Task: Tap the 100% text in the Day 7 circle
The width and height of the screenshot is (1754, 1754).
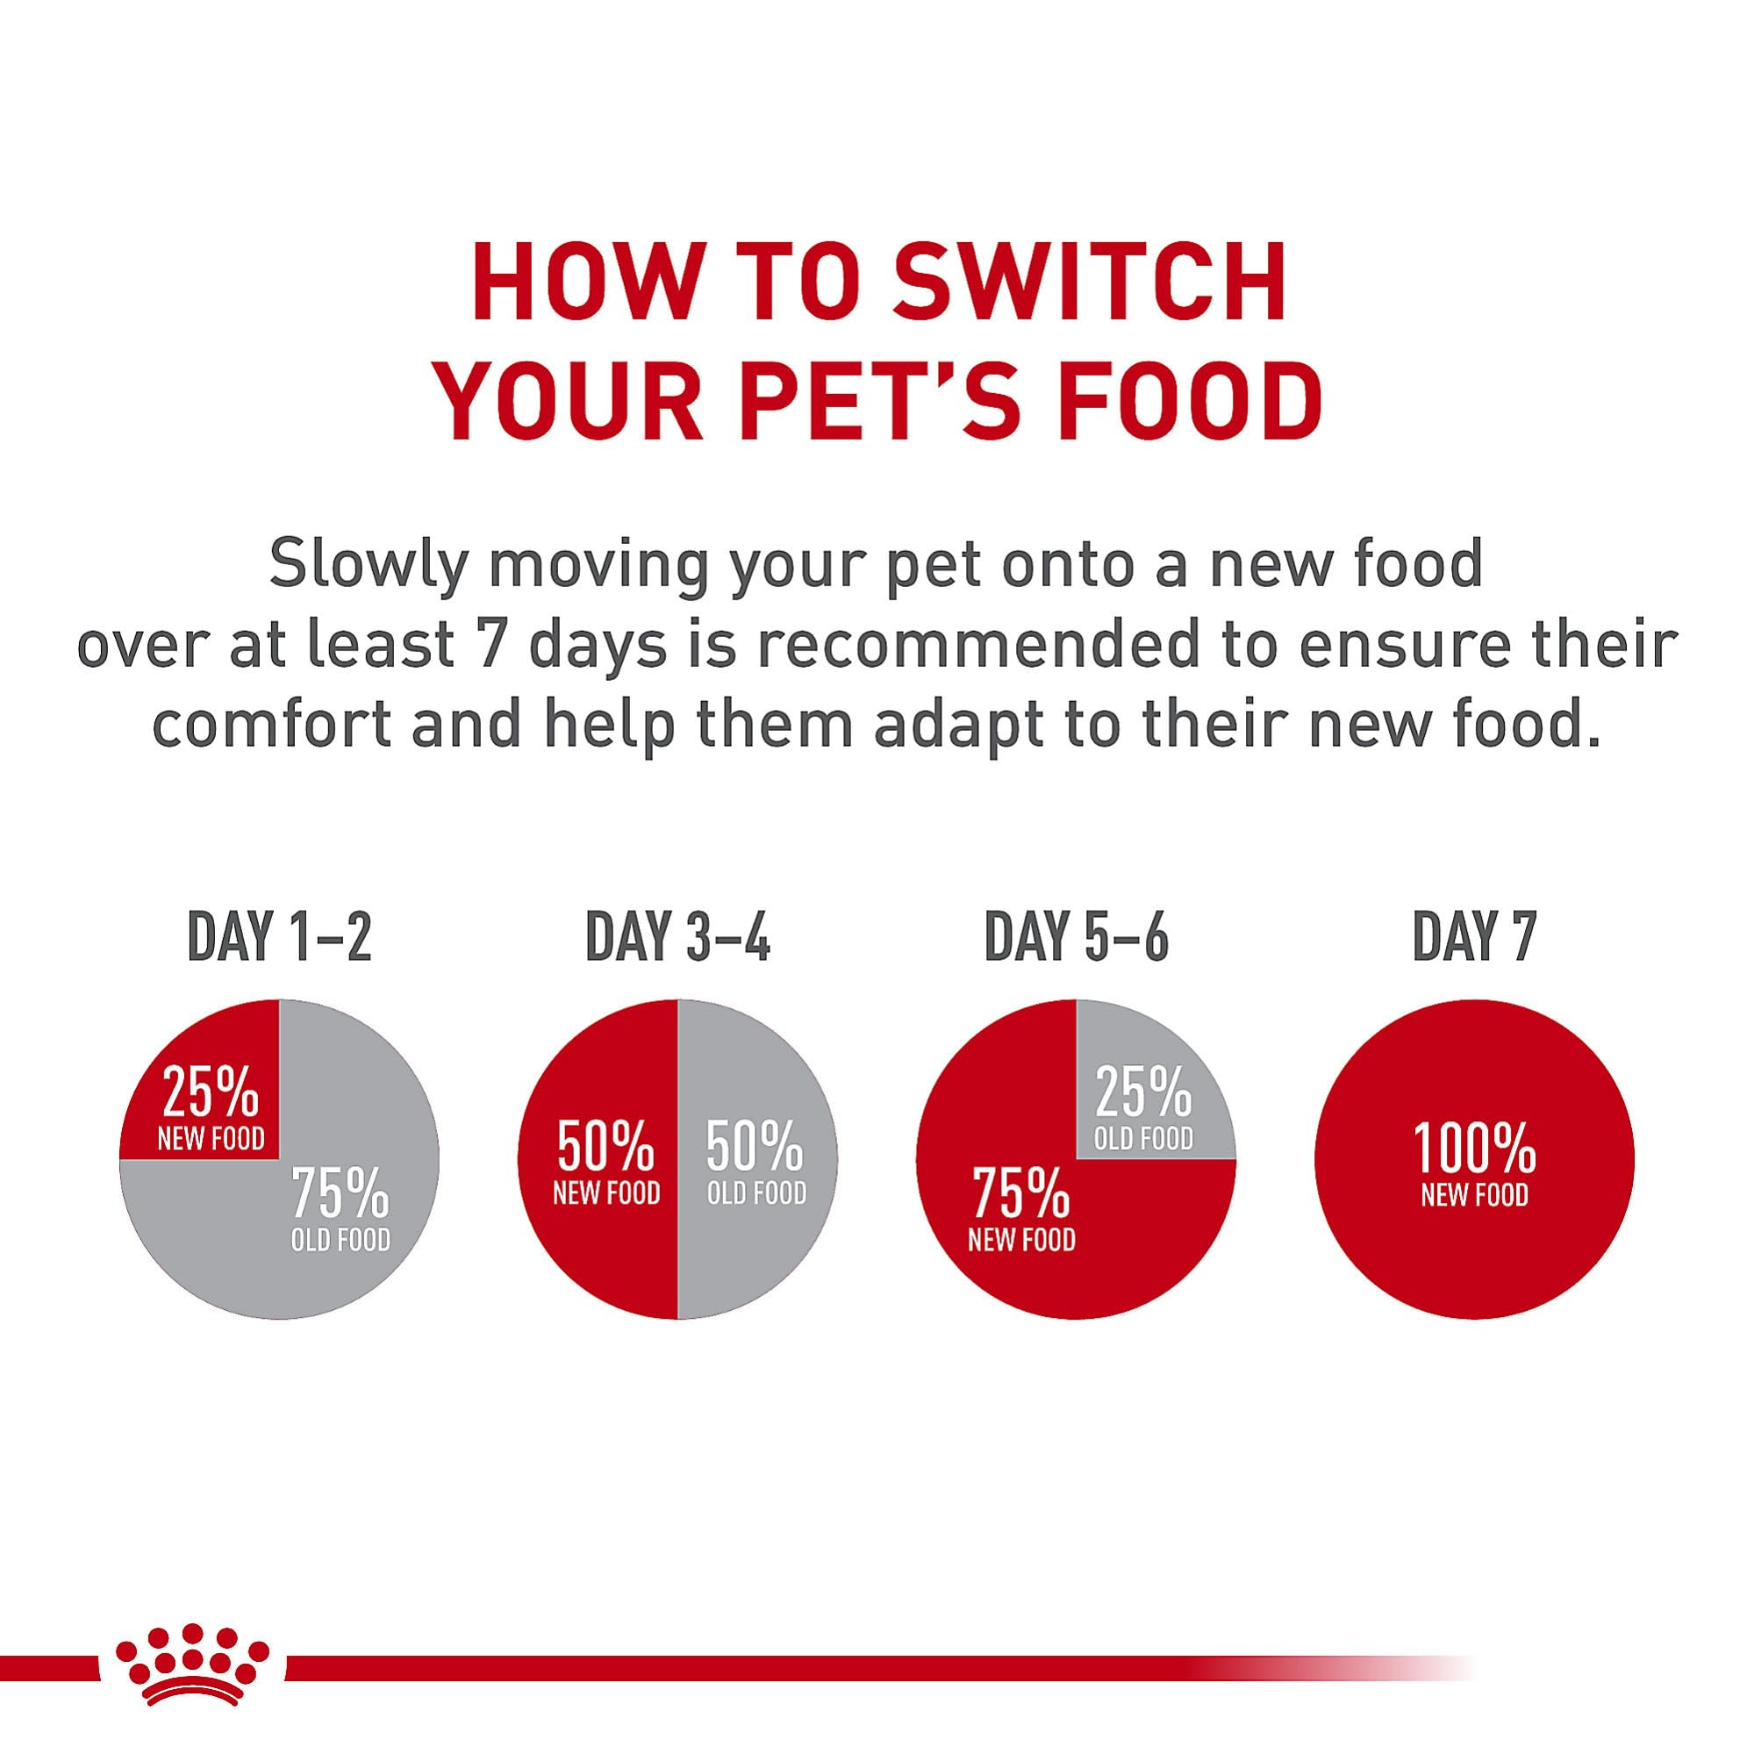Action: (1474, 1148)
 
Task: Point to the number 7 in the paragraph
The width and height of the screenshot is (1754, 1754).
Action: (490, 648)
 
